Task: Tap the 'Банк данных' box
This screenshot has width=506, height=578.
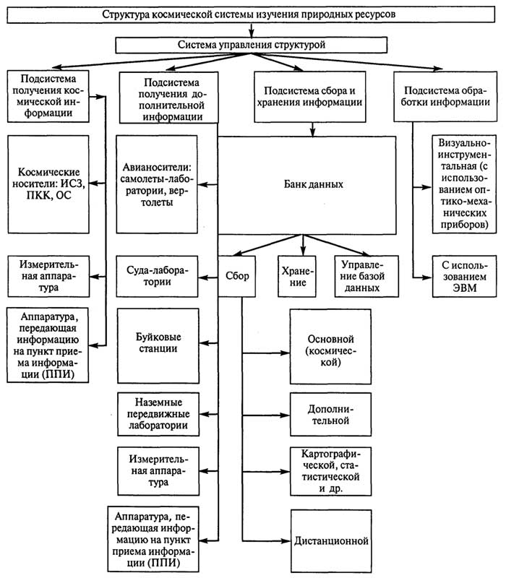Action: pyautogui.click(x=307, y=184)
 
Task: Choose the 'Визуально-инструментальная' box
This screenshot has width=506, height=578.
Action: pyautogui.click(x=462, y=185)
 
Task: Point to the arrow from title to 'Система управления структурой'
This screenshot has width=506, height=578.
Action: pyautogui.click(x=252, y=30)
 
